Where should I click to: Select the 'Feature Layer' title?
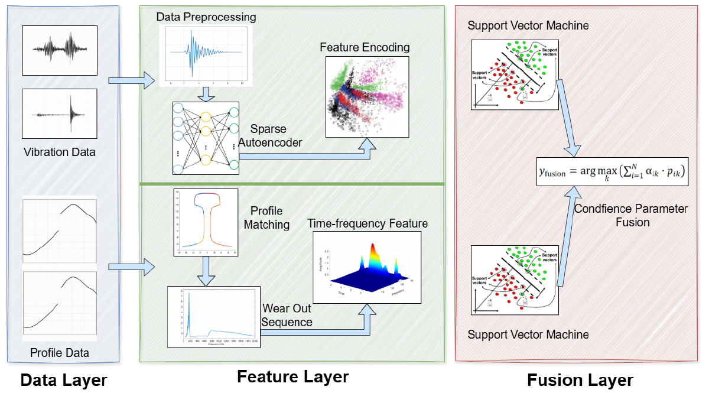292,376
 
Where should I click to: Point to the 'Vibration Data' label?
60,152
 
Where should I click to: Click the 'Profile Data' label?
60,353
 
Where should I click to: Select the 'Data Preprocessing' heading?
206,17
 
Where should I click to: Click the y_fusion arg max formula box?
612,171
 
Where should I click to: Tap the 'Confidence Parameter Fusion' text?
631,216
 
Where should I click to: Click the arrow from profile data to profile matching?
127,268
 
